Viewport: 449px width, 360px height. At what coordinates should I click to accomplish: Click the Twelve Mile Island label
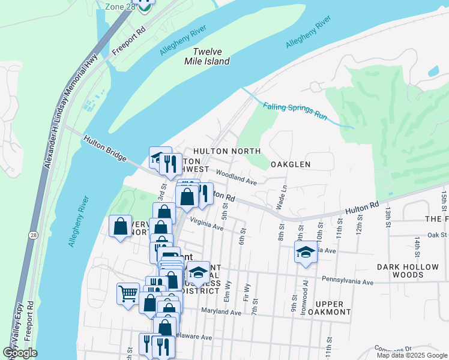(x=211, y=57)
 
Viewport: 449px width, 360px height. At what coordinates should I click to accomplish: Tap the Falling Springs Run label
(x=295, y=111)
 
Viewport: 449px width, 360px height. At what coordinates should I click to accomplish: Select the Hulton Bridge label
(x=105, y=148)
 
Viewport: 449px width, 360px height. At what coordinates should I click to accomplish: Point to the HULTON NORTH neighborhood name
(x=226, y=151)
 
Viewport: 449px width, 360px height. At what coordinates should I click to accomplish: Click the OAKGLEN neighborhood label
(x=291, y=164)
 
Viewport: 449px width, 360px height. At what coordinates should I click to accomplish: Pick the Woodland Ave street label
(x=237, y=178)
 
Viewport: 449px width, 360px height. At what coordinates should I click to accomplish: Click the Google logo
(x=20, y=353)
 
